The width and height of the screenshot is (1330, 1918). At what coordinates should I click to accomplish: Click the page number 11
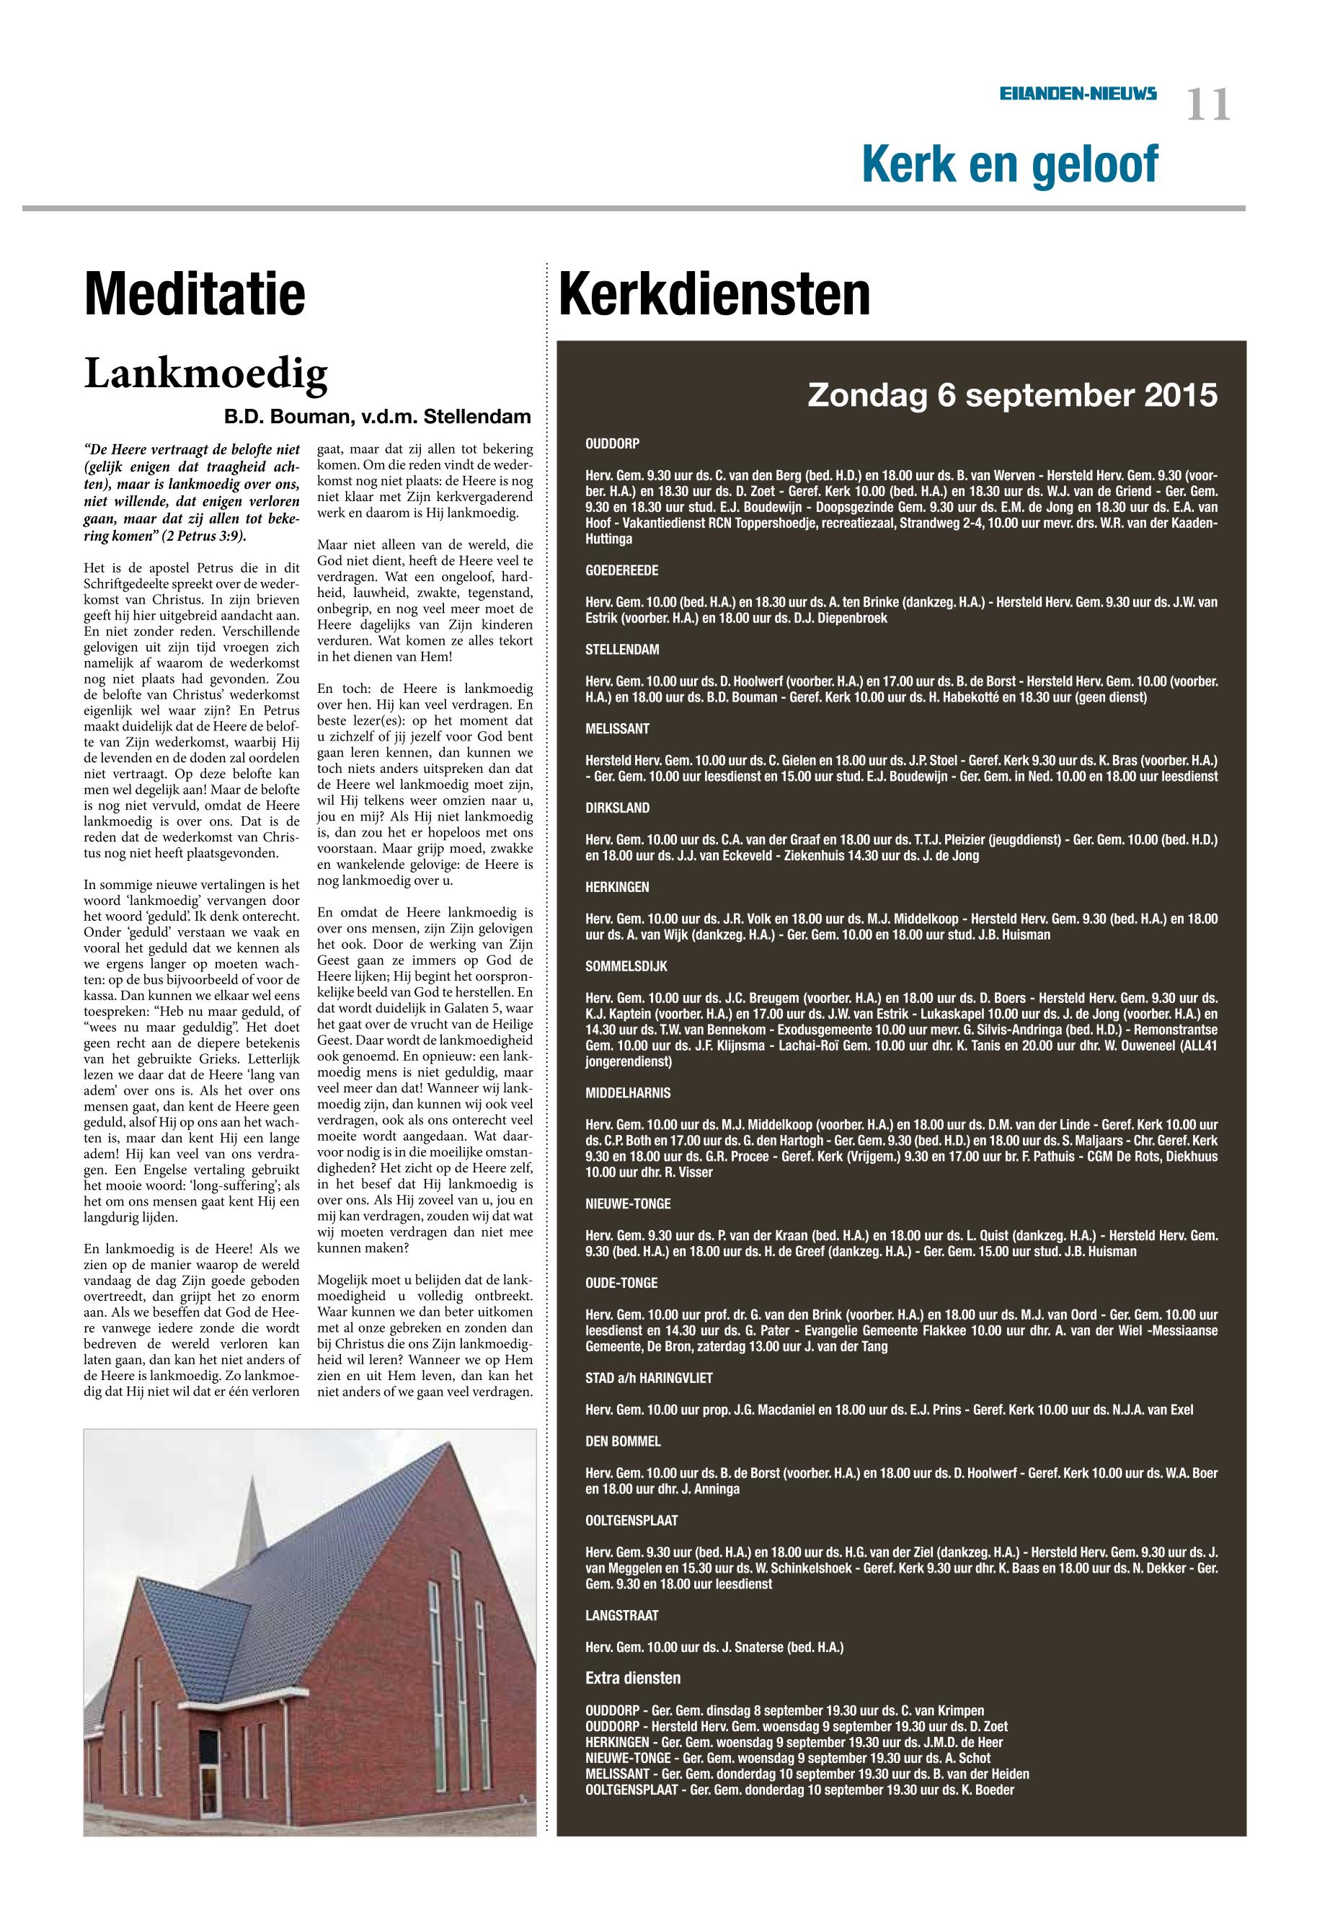(x=1207, y=106)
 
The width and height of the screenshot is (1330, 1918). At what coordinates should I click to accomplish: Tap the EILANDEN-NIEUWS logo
(x=1078, y=95)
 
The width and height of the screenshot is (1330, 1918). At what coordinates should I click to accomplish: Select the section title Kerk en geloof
(x=1009, y=164)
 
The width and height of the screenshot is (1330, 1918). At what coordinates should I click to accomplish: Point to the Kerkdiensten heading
(x=714, y=294)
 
